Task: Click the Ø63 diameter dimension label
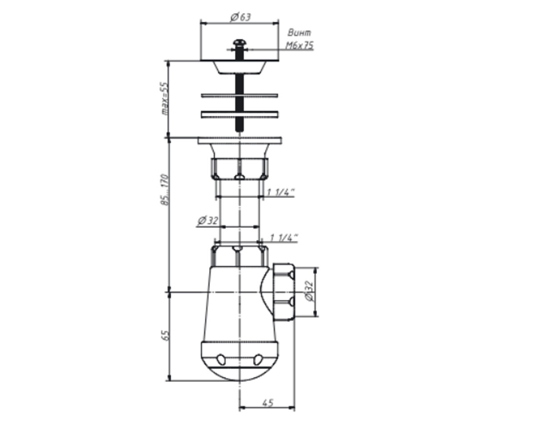point(240,17)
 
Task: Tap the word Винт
point(299,33)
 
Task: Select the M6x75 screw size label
point(300,45)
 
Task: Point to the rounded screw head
point(239,43)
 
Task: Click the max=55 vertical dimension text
point(165,99)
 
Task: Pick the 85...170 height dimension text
point(165,190)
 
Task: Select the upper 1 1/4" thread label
point(280,192)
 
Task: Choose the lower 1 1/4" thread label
point(284,238)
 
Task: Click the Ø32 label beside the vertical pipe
point(208,220)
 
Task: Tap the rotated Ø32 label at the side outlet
point(309,291)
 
